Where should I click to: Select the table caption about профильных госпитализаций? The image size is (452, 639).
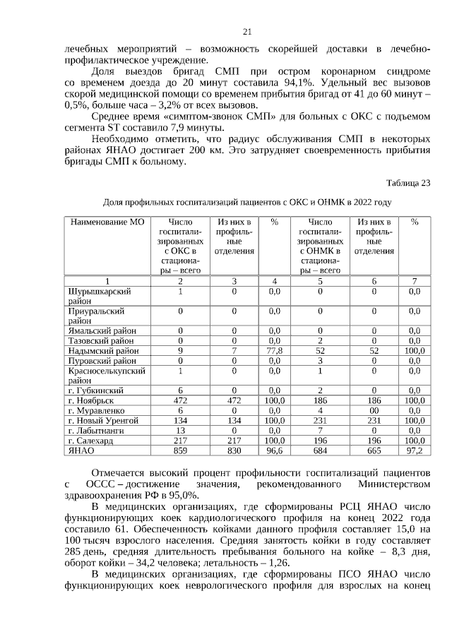(247, 202)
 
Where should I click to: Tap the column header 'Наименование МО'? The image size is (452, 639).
(107, 222)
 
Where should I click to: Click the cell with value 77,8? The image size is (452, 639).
(275, 350)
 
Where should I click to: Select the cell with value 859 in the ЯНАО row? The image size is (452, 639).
(180, 450)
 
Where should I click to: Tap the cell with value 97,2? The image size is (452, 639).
(414, 450)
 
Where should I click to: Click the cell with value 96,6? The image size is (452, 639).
(275, 450)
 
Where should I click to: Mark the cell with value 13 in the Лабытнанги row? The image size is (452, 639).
(180, 430)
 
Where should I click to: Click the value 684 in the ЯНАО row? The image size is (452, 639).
(320, 450)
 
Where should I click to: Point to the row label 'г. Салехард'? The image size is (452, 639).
(92, 440)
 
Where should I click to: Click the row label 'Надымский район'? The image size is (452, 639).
(103, 350)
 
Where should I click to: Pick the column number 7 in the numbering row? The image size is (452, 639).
(414, 281)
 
